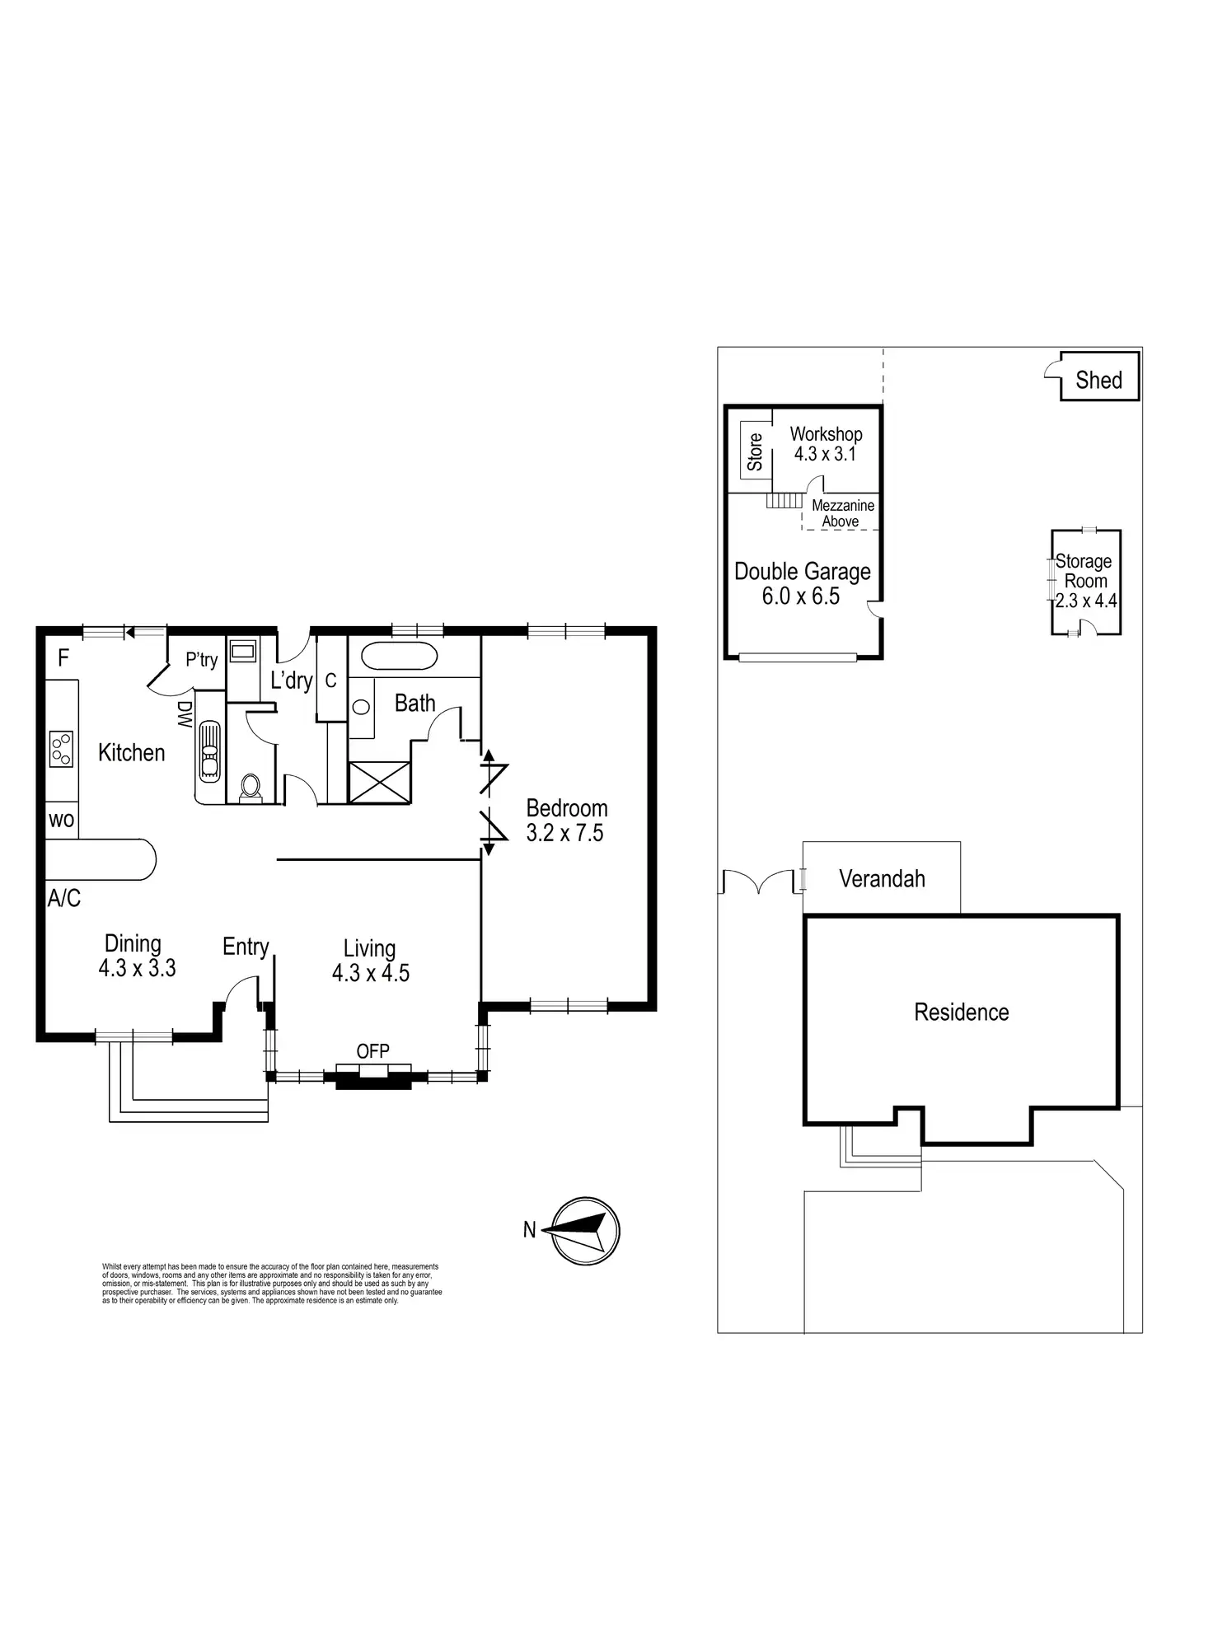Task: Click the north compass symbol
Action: pos(584,1231)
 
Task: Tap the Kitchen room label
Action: pos(131,752)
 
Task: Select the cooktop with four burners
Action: pos(61,749)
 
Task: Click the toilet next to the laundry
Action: pos(249,787)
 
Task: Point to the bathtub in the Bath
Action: pos(399,657)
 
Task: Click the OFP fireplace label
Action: pos(372,1051)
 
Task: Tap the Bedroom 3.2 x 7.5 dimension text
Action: pos(564,833)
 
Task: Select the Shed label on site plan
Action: pos(1098,381)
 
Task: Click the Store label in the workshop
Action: pos(755,451)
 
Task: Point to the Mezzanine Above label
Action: pos(842,513)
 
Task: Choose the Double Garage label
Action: pos(802,572)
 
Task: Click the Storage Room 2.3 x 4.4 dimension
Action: pos(1086,601)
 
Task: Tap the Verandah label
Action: pos(882,879)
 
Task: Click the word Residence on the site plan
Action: pos(961,1013)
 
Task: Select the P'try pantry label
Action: pos(201,660)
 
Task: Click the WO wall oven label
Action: pos(62,821)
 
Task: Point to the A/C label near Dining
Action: pos(64,898)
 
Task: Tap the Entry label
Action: pos(246,947)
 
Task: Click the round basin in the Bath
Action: pos(361,706)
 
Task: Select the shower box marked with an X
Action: pos(379,782)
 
